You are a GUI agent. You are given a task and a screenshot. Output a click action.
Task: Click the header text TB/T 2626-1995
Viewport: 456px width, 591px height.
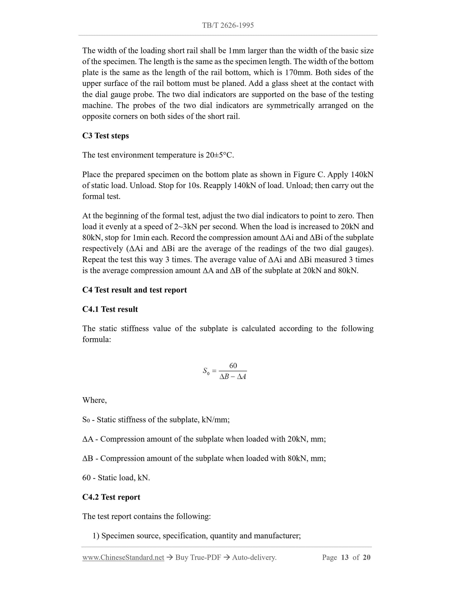pyautogui.click(x=228, y=25)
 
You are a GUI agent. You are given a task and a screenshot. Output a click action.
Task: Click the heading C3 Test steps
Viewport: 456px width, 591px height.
pyautogui.click(x=105, y=136)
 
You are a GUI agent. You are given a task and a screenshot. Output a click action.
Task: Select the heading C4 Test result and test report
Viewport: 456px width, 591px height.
pyautogui.click(x=134, y=290)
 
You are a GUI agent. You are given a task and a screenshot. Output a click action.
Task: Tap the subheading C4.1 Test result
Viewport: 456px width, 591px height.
pyautogui.click(x=110, y=309)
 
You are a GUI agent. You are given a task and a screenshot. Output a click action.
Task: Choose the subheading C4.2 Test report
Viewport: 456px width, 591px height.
pyautogui.click(x=111, y=497)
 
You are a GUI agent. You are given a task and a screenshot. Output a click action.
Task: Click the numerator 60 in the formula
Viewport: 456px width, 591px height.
pyautogui.click(x=233, y=366)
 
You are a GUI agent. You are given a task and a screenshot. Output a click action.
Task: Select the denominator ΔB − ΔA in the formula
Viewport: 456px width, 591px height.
pyautogui.click(x=233, y=377)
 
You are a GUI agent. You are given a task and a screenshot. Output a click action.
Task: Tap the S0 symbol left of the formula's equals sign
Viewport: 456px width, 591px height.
pyautogui.click(x=206, y=371)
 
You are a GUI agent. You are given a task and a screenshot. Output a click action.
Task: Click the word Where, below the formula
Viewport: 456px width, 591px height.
pyautogui.click(x=94, y=400)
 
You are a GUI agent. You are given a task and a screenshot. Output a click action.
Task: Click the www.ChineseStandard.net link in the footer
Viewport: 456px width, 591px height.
pyautogui.click(x=123, y=557)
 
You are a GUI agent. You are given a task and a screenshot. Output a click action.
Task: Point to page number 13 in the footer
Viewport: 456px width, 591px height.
pyautogui.click(x=345, y=557)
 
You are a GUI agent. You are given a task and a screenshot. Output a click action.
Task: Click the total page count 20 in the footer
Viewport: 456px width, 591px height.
pyautogui.click(x=366, y=557)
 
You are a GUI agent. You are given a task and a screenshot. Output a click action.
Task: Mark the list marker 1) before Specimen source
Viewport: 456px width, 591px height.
pyautogui.click(x=96, y=536)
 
